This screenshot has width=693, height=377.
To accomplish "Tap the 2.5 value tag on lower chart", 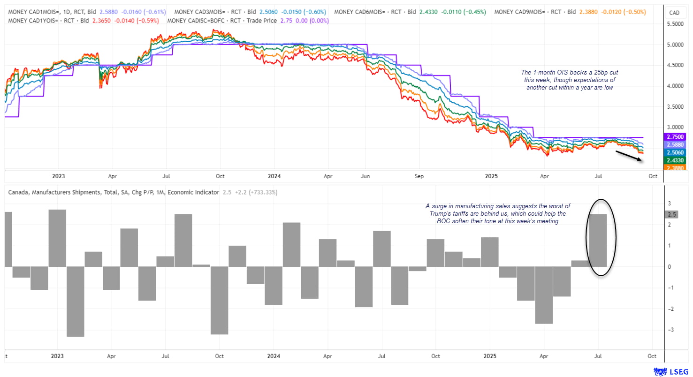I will point(672,214).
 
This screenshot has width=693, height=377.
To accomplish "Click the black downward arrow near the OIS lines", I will point(629,156).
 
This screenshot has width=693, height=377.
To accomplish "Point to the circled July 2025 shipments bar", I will point(598,241).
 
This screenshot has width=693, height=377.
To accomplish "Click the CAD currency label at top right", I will point(674,13).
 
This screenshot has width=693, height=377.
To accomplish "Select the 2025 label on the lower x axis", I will point(490,355).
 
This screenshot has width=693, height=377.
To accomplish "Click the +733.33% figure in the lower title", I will point(263,192).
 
